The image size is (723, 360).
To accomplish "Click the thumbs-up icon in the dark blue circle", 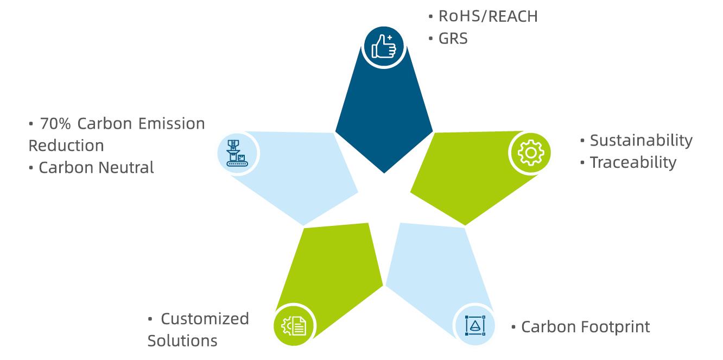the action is point(384,47).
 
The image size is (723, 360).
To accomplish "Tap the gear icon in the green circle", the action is point(531,153).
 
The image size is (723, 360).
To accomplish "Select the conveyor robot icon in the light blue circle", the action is point(237,153).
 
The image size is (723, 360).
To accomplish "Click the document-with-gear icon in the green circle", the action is point(294,326).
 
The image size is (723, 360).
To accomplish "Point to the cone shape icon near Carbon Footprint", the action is point(475,325).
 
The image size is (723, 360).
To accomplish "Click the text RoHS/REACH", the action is point(488,16).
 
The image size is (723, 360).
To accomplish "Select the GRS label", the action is point(453,39).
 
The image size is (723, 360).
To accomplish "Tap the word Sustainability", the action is point(642,141).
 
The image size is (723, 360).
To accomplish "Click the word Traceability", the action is point(633,163).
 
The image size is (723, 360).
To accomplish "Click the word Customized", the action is point(205,319).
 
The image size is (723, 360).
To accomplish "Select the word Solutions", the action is point(182,341).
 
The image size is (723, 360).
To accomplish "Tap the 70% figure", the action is point(55,124).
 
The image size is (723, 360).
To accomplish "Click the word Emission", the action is point(172,124).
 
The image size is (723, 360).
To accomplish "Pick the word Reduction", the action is point(66,146).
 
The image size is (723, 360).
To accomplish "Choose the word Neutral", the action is point(126,168).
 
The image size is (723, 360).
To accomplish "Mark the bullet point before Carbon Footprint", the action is point(513,327).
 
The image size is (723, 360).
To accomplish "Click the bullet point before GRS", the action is point(430,39).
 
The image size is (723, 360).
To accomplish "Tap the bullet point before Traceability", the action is point(582,162).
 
